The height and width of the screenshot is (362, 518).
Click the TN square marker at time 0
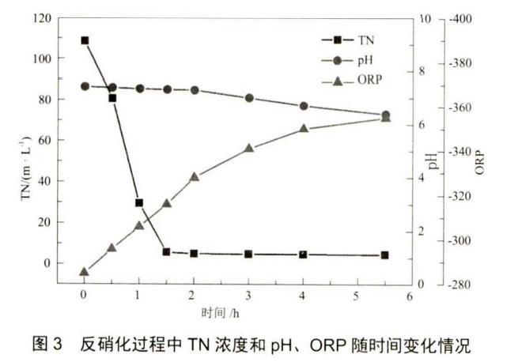click(85, 40)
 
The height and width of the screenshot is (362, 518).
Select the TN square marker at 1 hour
click(139, 203)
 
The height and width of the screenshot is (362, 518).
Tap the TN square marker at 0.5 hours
click(112, 98)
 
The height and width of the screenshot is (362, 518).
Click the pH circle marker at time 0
click(85, 86)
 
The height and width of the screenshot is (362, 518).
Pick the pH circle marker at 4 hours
click(303, 106)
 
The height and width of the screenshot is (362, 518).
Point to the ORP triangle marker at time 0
click(85, 272)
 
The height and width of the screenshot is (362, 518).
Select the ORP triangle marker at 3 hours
click(248, 148)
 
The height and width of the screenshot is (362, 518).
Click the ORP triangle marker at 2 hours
click(195, 177)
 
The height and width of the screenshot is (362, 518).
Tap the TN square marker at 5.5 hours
click(385, 255)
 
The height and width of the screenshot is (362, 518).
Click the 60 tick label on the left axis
click(46, 140)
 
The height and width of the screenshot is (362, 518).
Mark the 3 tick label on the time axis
click(248, 296)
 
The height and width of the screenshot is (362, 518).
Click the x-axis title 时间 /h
click(220, 313)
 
